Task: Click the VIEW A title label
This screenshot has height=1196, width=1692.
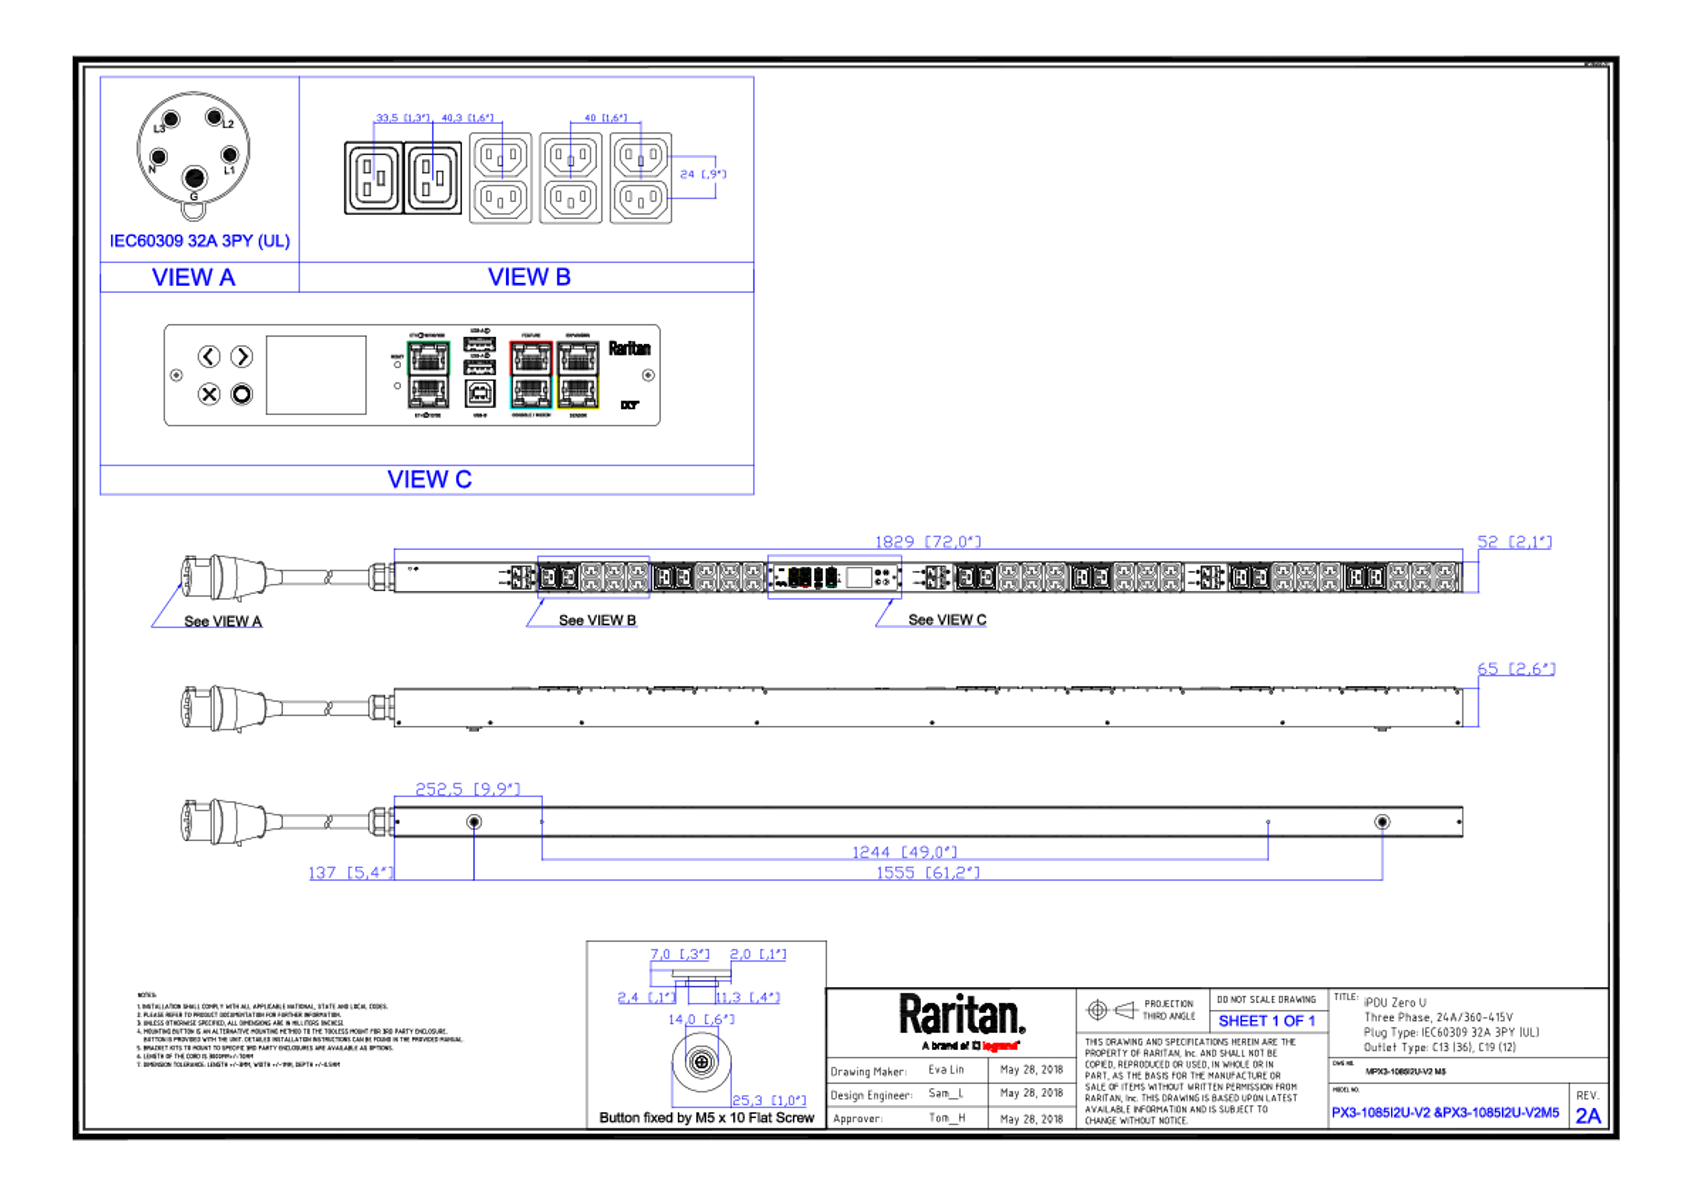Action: pyautogui.click(x=194, y=277)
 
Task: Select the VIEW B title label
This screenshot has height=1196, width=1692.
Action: pyautogui.click(x=529, y=277)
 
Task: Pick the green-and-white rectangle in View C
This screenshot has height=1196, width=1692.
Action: pyautogui.click(x=428, y=375)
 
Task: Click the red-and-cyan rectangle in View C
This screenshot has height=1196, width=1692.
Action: pyautogui.click(x=531, y=375)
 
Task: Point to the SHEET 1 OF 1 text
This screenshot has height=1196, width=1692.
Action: pyautogui.click(x=1266, y=1022)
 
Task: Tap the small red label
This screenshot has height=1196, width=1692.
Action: pyautogui.click(x=1000, y=1046)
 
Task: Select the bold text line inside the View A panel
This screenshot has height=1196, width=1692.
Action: pyautogui.click(x=200, y=241)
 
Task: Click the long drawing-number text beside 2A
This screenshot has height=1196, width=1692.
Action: pyautogui.click(x=1445, y=1113)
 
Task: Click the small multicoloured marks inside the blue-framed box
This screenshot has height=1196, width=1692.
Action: pyautogui.click(x=811, y=577)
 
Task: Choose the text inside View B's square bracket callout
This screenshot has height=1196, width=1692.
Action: pyautogui.click(x=703, y=174)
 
